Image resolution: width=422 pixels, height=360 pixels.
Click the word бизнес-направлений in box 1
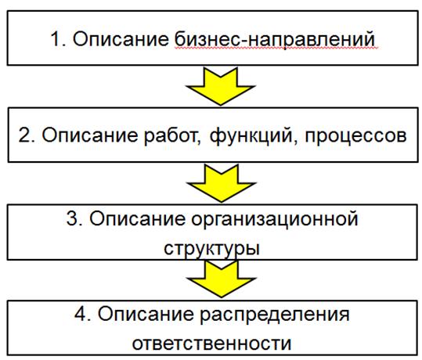coord(275,40)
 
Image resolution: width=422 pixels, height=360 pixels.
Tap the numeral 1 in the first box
coord(56,39)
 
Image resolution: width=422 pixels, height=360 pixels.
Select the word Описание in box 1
coord(121,39)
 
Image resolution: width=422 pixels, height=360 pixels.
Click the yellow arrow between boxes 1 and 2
coord(221,86)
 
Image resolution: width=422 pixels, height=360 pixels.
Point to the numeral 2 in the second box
coord(23,135)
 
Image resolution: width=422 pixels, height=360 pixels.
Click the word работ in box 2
coord(172,136)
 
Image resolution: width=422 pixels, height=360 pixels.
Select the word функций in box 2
coord(251,136)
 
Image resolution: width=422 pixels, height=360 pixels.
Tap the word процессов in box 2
coord(355,136)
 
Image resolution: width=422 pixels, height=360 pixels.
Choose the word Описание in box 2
coord(90,135)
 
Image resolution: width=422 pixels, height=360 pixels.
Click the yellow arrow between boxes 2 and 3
coord(221,183)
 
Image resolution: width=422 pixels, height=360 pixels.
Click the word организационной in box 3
coord(275,220)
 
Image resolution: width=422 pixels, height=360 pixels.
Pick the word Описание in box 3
coord(138,218)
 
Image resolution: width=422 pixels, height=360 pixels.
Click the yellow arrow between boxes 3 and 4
coord(222,279)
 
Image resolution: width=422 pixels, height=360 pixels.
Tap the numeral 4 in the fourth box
coord(80,314)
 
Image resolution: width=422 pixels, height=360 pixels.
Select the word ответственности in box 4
coord(212,344)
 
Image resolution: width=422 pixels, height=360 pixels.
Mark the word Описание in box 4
coord(146,314)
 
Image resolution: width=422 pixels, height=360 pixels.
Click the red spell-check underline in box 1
coord(276,49)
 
